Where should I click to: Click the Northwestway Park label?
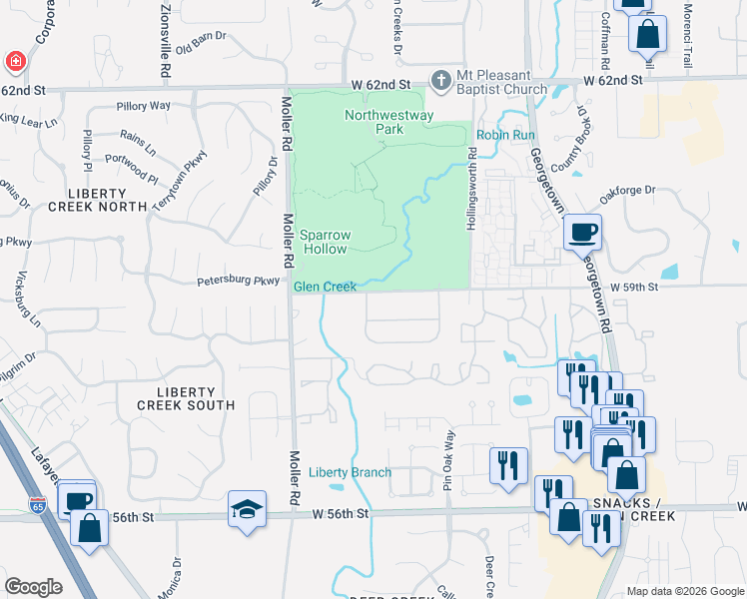[x=374, y=122]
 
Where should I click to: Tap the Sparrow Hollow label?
[x=325, y=243]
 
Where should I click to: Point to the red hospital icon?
[x=15, y=62]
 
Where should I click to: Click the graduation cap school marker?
[x=247, y=509]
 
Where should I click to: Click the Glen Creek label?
[x=325, y=288]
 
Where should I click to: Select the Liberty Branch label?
[x=350, y=472]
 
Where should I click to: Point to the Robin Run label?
[x=505, y=135]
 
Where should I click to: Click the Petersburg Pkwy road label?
[x=238, y=282]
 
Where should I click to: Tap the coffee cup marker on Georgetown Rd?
[x=582, y=234]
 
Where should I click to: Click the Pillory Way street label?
[x=144, y=105]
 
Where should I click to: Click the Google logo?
[x=34, y=587]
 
